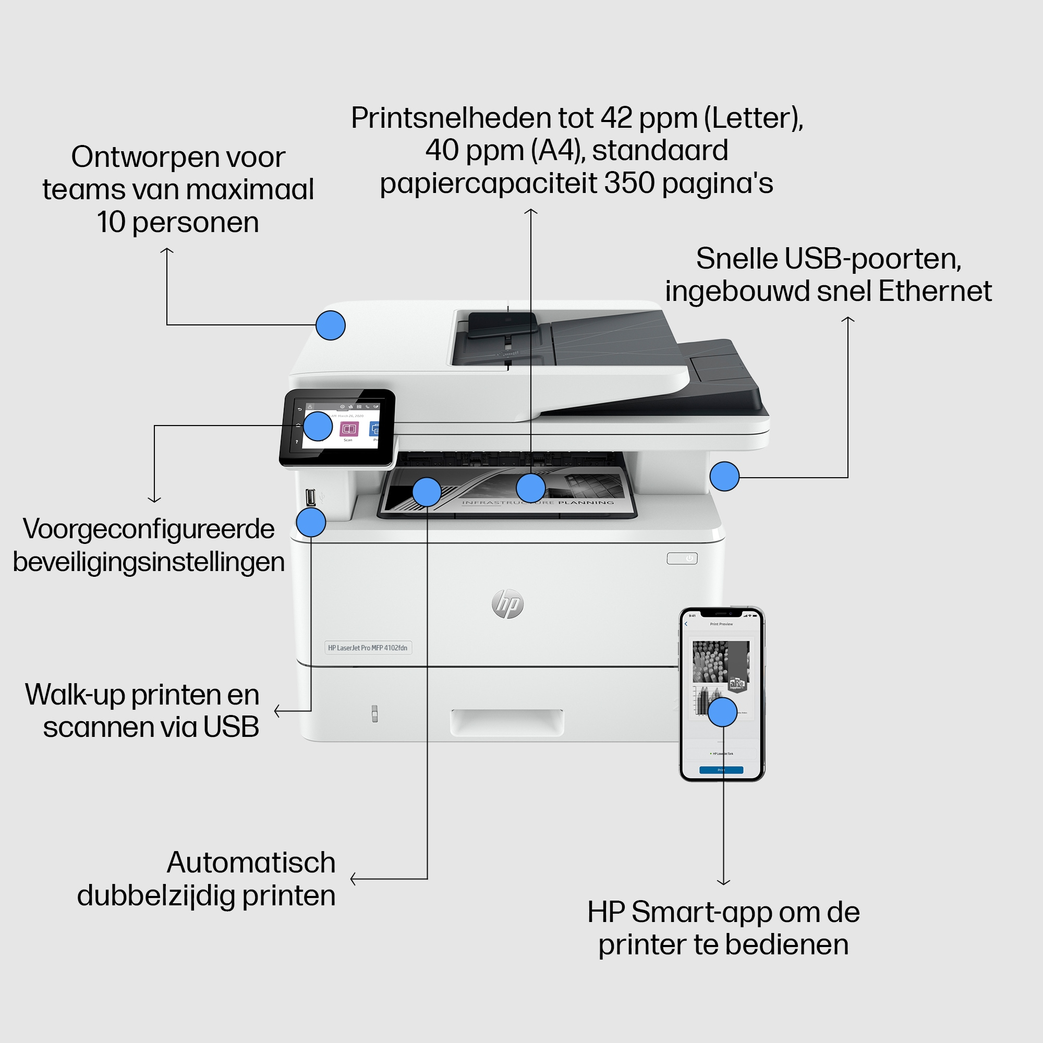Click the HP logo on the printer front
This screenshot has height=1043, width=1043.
click(x=507, y=603)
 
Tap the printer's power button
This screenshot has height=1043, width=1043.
click(x=682, y=558)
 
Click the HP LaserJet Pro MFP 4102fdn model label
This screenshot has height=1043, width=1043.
click(x=368, y=648)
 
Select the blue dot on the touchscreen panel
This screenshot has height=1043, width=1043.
click(x=318, y=426)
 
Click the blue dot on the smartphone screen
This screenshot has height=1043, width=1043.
click(x=722, y=712)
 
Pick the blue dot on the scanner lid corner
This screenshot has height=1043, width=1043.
click(x=331, y=325)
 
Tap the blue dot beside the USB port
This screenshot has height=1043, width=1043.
click(x=311, y=522)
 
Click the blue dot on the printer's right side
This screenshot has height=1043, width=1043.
click(x=724, y=476)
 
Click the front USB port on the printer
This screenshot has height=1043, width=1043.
click(x=310, y=496)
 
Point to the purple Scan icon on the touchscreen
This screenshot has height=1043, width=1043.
click(x=349, y=429)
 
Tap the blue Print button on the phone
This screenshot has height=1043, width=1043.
click(x=721, y=770)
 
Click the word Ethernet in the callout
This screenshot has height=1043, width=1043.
click(x=935, y=292)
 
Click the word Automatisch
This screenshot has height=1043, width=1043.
click(x=251, y=863)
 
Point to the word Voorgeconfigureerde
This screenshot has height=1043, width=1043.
click(x=149, y=529)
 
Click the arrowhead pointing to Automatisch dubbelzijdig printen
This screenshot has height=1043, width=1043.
click(x=353, y=879)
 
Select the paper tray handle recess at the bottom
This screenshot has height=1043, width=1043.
click(x=507, y=722)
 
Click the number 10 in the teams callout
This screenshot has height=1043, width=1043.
click(x=111, y=223)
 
